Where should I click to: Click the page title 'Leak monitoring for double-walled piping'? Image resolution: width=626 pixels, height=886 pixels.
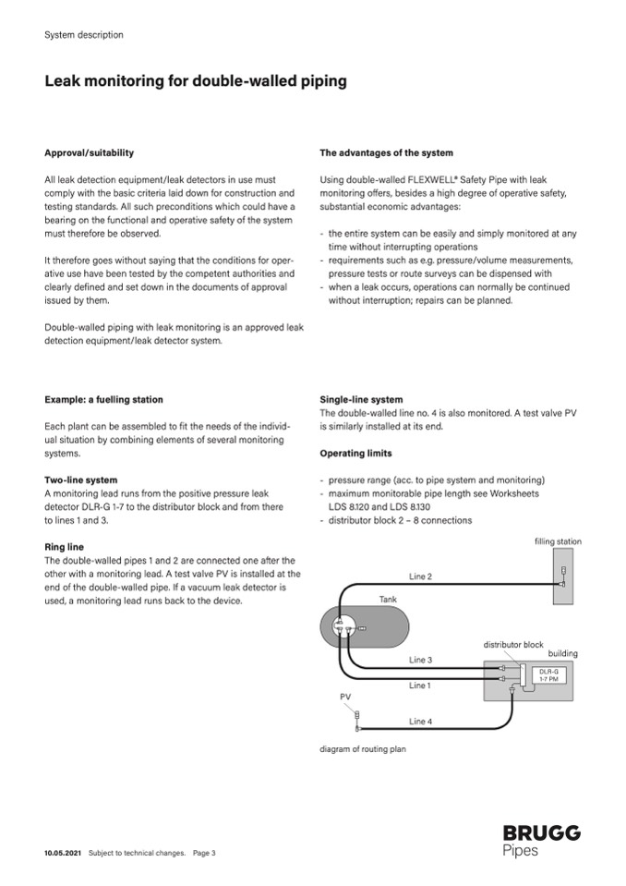coord(196,81)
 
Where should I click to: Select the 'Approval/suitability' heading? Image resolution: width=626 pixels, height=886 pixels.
coord(89,152)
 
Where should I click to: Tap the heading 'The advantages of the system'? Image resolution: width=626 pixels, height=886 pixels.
coord(386,152)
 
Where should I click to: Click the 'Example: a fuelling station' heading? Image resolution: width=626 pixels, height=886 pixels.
coord(103,400)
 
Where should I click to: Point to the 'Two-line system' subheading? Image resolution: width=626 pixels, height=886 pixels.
coord(81,480)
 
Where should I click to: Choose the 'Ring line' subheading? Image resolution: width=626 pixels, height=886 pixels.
coord(64,547)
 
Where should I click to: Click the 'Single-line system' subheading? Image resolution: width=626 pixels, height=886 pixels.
coord(361,400)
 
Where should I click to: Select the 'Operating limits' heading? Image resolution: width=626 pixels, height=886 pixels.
coord(355,454)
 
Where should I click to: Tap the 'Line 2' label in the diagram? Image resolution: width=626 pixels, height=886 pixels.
coord(420,577)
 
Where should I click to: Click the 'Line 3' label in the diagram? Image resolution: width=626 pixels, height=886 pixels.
coord(420,660)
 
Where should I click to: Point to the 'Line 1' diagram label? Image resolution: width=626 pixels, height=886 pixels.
coord(420,686)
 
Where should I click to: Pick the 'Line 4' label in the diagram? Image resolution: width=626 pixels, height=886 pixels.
coord(420,721)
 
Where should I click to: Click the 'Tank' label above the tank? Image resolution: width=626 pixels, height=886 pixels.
coord(388,600)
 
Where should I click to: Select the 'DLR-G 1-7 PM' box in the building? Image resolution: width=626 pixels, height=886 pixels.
coord(548,674)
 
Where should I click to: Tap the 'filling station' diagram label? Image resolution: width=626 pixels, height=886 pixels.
coord(558,541)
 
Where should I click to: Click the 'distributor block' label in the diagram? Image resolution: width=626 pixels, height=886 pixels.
coord(513,644)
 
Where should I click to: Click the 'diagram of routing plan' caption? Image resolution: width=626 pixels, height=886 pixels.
coord(362,749)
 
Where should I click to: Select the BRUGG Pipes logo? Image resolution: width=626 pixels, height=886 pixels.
coord(541,841)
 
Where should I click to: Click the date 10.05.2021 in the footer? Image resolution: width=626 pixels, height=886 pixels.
coord(64,853)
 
